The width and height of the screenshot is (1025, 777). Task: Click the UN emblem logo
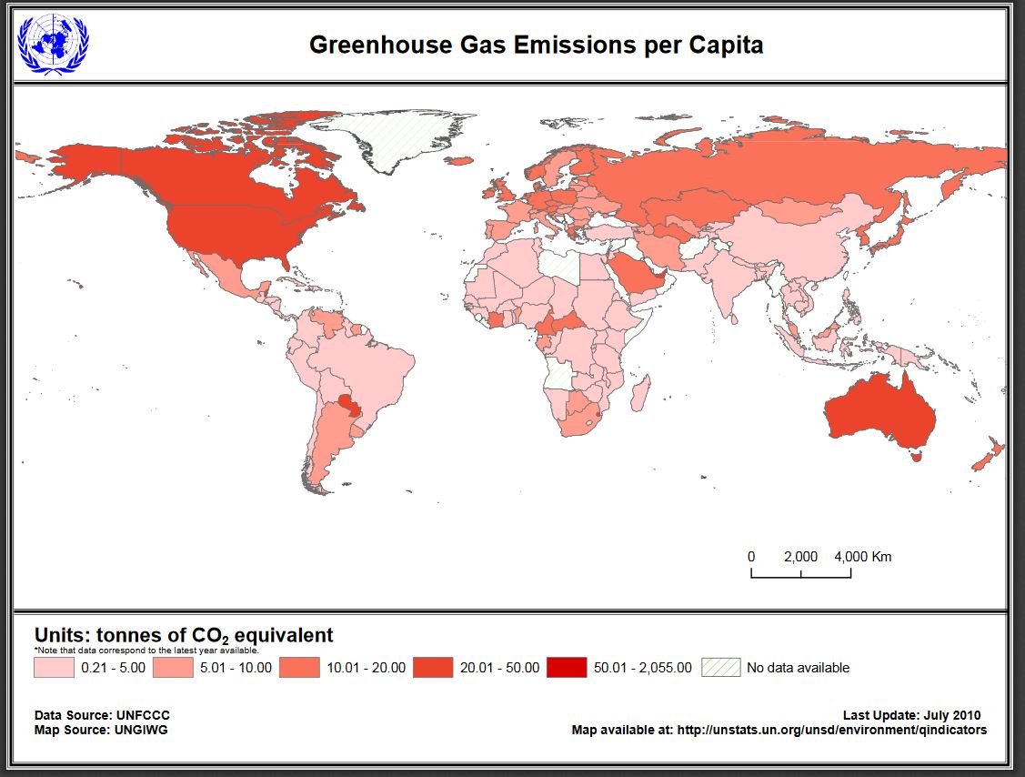click(x=54, y=45)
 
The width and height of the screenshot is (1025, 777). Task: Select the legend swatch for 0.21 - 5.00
click(x=53, y=668)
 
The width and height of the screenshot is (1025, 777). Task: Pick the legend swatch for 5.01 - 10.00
click(x=172, y=668)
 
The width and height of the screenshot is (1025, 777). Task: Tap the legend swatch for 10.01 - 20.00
click(x=299, y=668)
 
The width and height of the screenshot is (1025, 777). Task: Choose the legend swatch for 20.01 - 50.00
click(x=432, y=668)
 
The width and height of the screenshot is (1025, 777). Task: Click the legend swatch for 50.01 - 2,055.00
click(x=566, y=668)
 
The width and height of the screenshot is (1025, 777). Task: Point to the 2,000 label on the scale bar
click(x=800, y=557)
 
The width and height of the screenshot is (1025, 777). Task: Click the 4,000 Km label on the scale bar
click(x=862, y=557)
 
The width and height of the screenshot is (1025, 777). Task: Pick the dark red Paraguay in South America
click(x=347, y=402)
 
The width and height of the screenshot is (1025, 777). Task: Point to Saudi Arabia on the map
click(x=634, y=274)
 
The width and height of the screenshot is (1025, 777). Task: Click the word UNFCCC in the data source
click(x=143, y=715)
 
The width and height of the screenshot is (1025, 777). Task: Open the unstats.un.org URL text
click(x=831, y=730)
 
